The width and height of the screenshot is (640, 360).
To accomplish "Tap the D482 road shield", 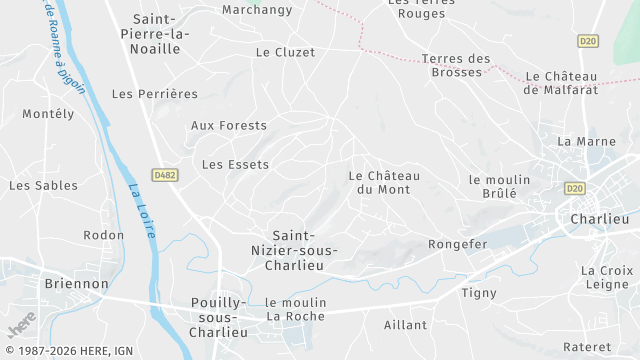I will click(x=164, y=175).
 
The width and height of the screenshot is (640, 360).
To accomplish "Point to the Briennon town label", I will click(x=76, y=284).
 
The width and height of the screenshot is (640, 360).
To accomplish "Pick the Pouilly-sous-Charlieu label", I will click(x=218, y=317).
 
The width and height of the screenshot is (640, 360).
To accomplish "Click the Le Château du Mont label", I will click(x=384, y=182).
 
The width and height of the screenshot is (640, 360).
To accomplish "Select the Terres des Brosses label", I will click(x=456, y=65).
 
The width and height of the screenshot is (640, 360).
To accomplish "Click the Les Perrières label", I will click(x=155, y=94).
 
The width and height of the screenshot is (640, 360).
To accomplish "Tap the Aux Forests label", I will click(x=229, y=126).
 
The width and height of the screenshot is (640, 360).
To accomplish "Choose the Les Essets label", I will click(x=236, y=164).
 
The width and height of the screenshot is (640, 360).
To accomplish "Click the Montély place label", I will click(x=48, y=114).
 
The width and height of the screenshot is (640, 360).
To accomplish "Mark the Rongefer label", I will click(x=457, y=244).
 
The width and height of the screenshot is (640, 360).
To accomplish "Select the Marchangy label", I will click(x=257, y=10).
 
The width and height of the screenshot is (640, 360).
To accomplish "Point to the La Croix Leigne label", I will click(x=607, y=278).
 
